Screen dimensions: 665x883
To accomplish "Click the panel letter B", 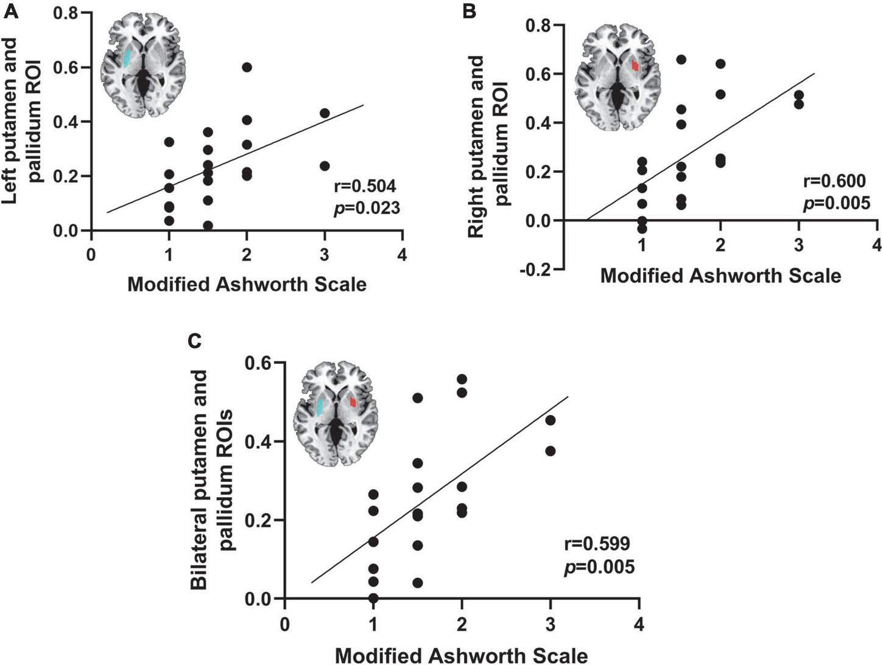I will (470, 11).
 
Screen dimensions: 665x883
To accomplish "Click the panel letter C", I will (195, 343).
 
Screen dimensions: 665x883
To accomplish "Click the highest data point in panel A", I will (247, 67).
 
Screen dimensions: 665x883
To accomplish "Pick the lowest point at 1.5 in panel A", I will (208, 226).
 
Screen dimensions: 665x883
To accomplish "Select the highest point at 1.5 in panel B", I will (681, 59).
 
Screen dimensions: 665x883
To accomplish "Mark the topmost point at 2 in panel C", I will (462, 379).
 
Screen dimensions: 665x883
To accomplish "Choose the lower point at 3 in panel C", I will (551, 451).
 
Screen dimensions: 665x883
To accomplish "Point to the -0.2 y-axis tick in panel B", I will (536, 269).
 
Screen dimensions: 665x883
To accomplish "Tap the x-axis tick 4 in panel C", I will (638, 625).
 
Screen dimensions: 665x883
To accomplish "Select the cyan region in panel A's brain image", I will (126, 58).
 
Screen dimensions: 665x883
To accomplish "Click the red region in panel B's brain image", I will (635, 64).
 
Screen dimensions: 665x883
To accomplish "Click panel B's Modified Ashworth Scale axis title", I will (720, 276).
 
